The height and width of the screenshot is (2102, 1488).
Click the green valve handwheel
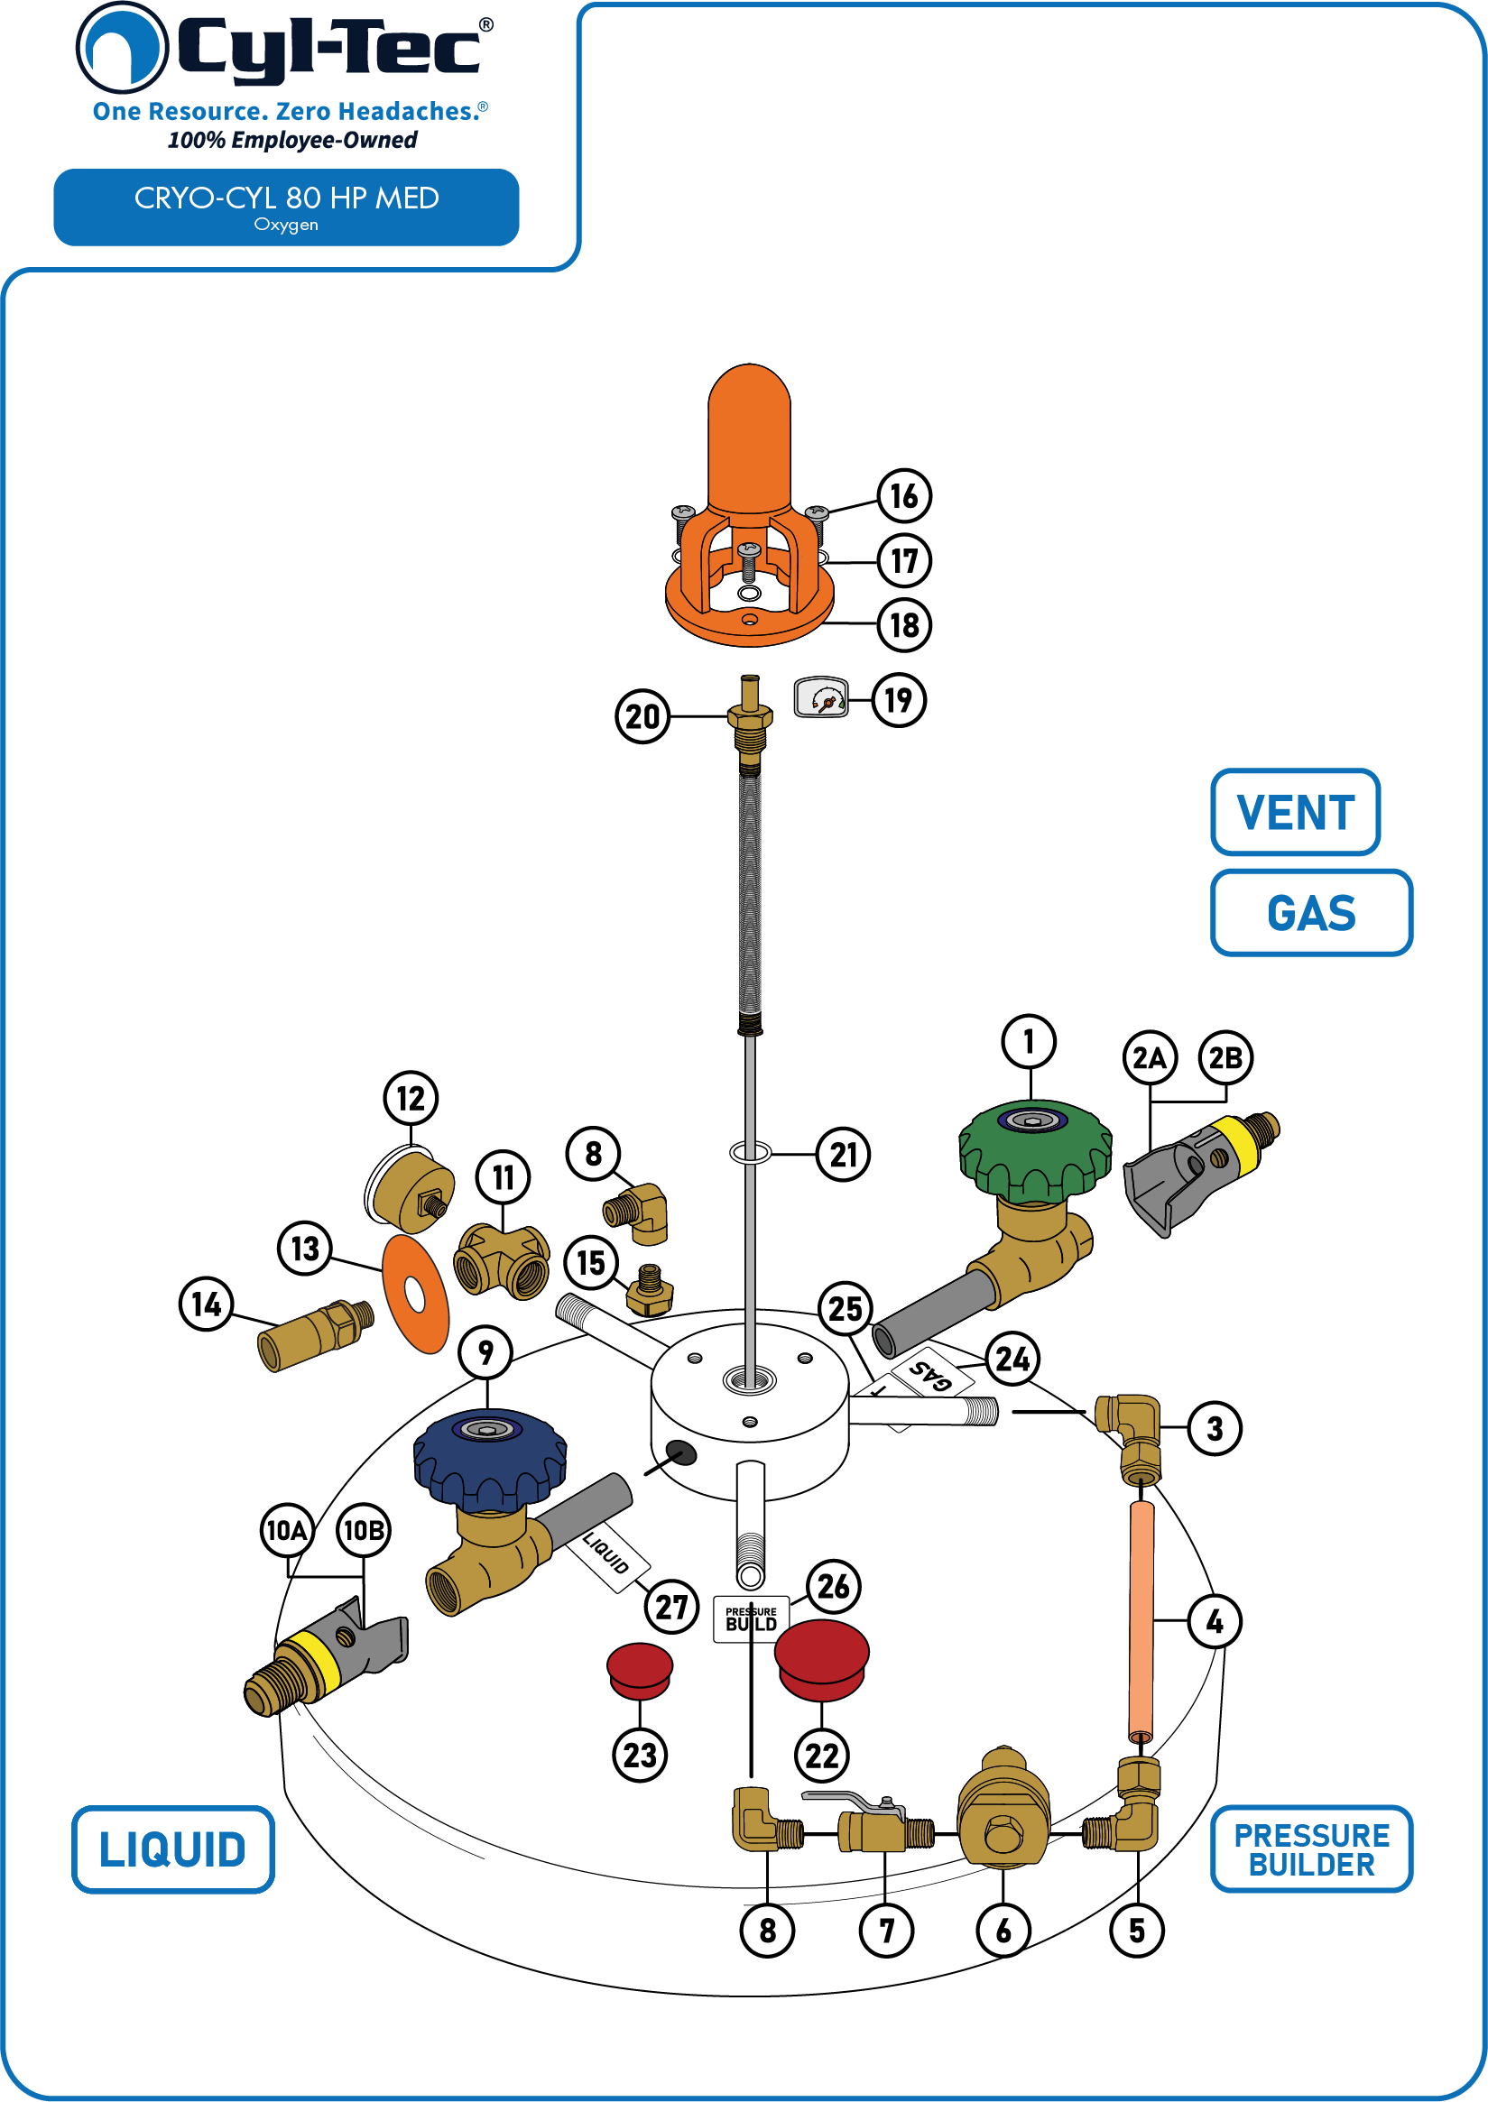coord(1034,1150)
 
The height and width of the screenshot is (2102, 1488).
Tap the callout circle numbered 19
coord(898,701)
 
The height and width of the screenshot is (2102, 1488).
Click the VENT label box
coord(1295,813)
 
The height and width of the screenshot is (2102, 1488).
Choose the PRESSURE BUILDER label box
coord(1311,1849)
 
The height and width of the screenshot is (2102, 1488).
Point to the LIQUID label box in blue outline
coord(173,1849)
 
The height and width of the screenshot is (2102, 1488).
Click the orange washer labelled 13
coord(415,1294)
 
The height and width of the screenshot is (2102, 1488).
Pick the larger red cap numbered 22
coord(821,1660)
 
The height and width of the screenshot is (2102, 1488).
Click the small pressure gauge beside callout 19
coord(820,698)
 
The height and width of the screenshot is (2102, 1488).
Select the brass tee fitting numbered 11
coord(501,1263)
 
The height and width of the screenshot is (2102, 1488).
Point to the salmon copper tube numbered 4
coord(1141,1621)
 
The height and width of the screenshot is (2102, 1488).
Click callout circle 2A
coord(1149,1058)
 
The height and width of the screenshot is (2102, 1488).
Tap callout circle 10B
coord(364,1530)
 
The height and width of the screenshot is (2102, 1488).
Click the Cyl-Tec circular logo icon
coord(122,48)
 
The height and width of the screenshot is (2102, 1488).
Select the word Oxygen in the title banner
coord(286,226)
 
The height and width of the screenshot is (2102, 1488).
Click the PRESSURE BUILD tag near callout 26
coord(752,1618)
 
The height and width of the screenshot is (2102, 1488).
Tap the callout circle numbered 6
coord(1003,1931)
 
